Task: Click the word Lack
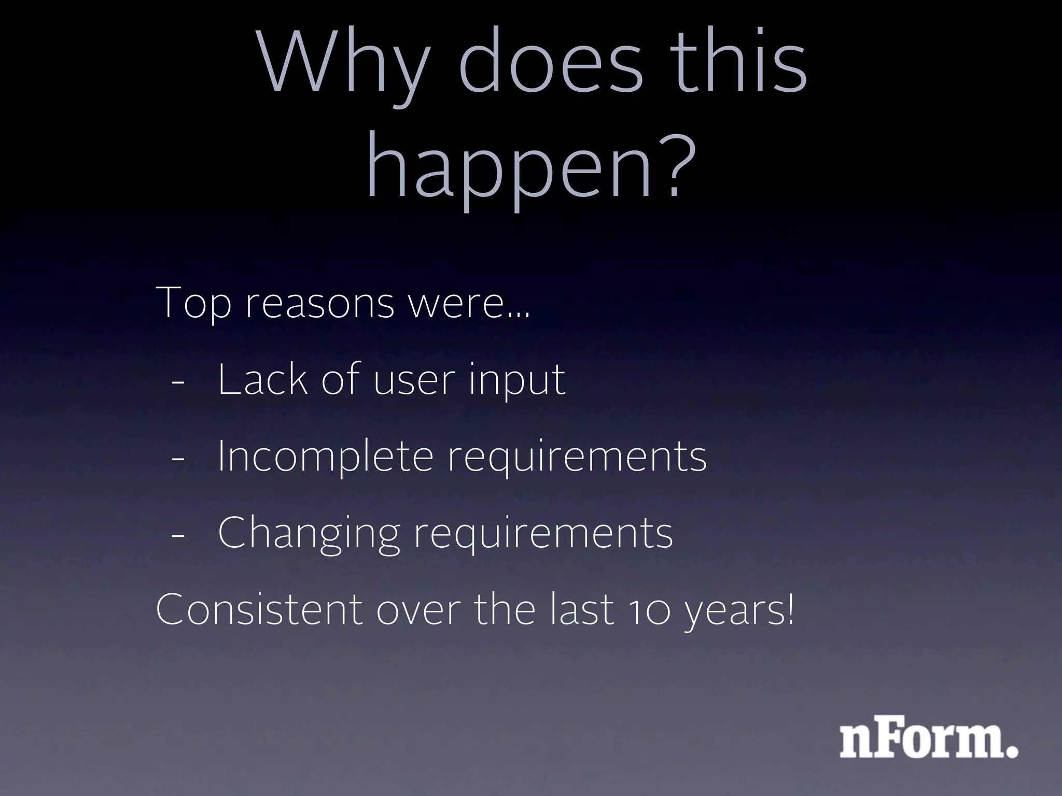tap(262, 379)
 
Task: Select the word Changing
tap(309, 534)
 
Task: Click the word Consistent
tap(259, 609)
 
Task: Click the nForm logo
tap(929, 741)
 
